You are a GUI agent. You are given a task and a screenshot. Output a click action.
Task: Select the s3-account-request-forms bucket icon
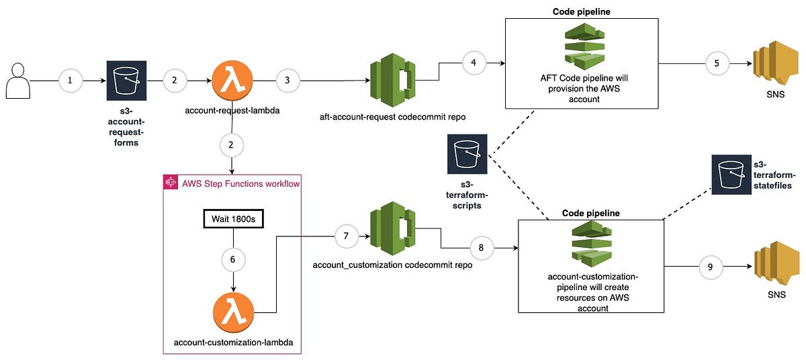126,81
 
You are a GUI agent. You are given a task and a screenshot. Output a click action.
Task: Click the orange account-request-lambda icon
232,81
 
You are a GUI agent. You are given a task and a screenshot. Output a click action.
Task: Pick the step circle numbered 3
287,81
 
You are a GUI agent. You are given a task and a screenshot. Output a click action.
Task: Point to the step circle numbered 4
474,64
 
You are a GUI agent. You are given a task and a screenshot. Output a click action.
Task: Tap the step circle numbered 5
715,64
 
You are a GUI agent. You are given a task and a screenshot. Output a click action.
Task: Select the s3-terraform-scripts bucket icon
467,154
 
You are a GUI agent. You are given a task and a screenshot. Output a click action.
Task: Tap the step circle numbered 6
232,259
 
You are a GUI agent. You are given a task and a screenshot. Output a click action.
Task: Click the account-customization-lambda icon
232,312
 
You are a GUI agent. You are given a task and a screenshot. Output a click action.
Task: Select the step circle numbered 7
346,236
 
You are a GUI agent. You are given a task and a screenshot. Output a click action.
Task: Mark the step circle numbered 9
711,267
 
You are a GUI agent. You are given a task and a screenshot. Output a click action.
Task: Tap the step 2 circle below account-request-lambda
232,144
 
